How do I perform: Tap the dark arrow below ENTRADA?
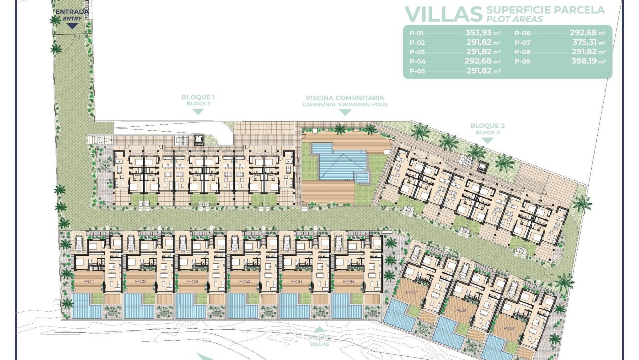72,26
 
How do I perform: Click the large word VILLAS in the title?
443,14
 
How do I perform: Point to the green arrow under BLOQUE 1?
198,112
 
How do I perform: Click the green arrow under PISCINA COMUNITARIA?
345,112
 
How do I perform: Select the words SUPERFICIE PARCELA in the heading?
545,10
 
